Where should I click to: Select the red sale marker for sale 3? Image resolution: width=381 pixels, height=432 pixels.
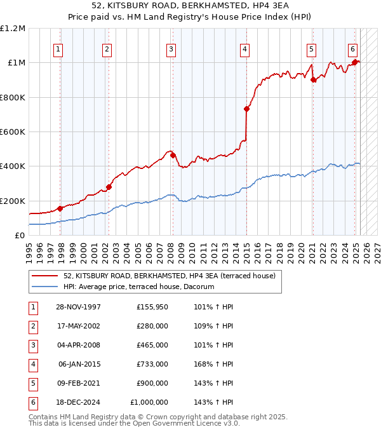[173, 155]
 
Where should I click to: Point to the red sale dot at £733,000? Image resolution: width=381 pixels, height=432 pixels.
[246, 109]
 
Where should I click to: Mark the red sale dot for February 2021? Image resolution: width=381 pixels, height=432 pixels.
[313, 80]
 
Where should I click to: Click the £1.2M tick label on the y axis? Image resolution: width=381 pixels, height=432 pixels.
[13, 29]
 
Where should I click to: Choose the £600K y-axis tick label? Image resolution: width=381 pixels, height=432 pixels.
[13, 132]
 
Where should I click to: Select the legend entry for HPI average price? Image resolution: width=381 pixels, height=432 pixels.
[138, 287]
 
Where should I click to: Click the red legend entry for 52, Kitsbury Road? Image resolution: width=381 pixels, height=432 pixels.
[169, 276]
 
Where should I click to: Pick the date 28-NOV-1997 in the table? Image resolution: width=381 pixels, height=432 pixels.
[77, 307]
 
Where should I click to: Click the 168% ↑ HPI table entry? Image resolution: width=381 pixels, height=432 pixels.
[213, 364]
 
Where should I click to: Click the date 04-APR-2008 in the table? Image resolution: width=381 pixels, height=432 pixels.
[77, 345]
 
